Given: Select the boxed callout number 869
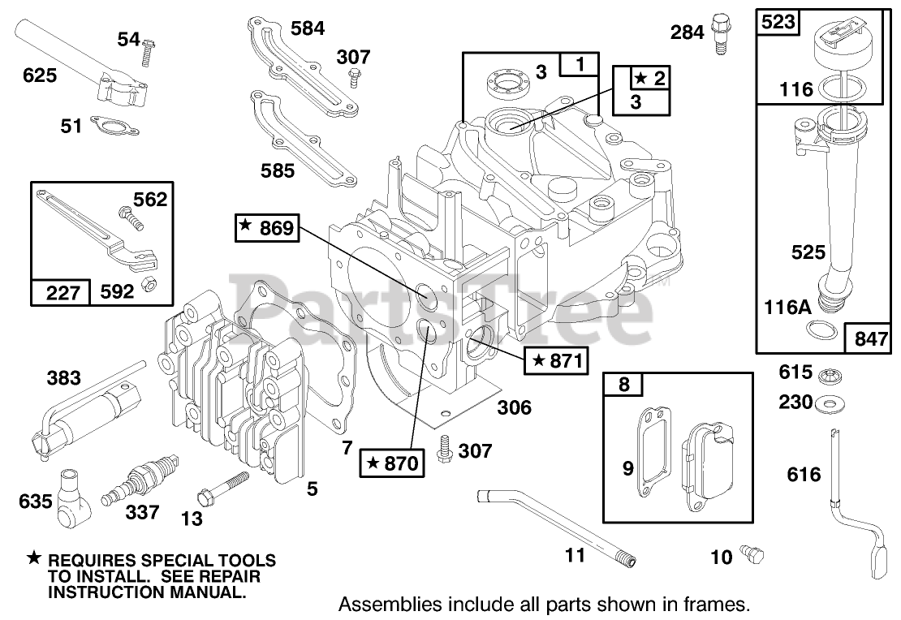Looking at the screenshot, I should pyautogui.click(x=268, y=230).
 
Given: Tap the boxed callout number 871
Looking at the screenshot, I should pyautogui.click(x=556, y=361).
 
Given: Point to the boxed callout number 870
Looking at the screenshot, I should pyautogui.click(x=392, y=463).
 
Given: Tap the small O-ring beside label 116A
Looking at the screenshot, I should pyautogui.click(x=821, y=329).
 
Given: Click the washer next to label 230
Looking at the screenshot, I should pyautogui.click(x=826, y=402).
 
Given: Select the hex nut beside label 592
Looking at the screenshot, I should pyautogui.click(x=149, y=285).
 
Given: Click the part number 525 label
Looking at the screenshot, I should pyautogui.click(x=808, y=252).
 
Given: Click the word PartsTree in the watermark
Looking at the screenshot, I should pyautogui.click(x=442, y=308).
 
